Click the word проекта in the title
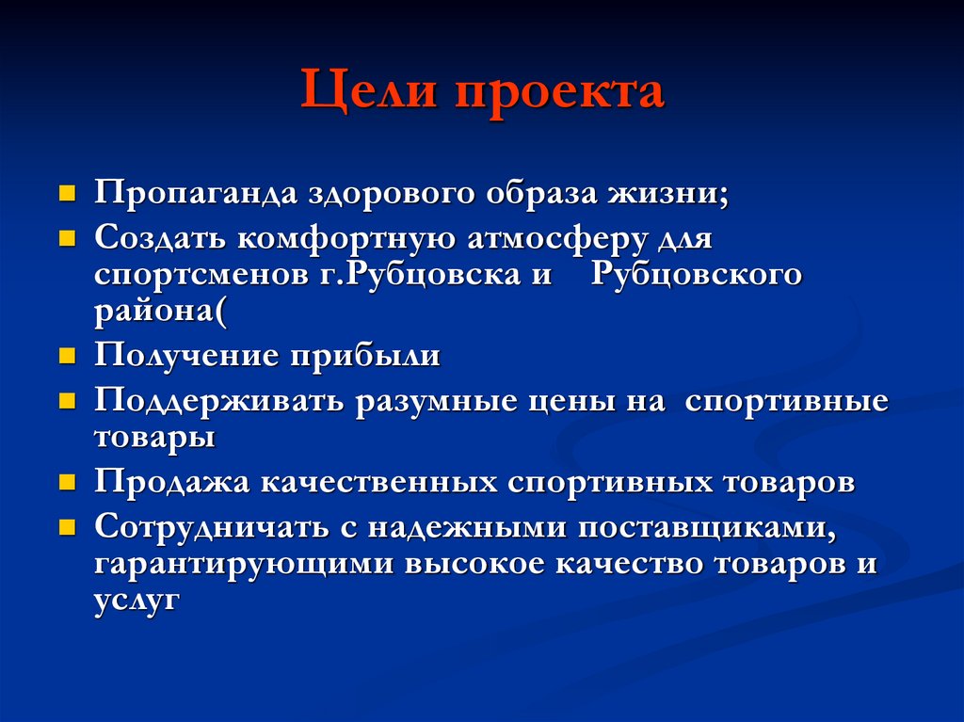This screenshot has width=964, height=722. pos(562,93)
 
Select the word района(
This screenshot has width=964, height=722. pos(160,313)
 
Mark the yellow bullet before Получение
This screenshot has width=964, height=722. pos(67,358)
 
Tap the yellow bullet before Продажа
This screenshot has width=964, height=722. pos(67,483)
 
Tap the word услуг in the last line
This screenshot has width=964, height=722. pos(137,602)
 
